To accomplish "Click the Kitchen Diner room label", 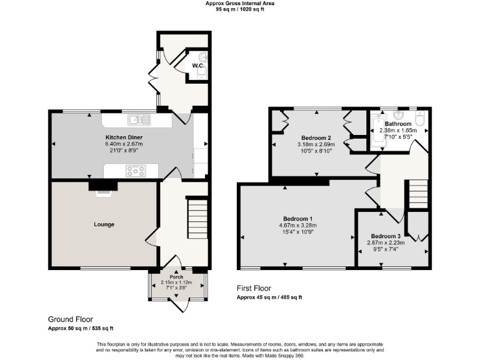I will [121, 136].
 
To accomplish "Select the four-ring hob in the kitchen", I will [136, 169].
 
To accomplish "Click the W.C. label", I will [197, 66].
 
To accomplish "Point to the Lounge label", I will [104, 224].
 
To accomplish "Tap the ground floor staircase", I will [197, 217].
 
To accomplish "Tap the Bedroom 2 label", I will [316, 137].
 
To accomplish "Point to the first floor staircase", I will [417, 194].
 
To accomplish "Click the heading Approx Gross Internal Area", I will [239, 3].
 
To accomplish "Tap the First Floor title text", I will [253, 288].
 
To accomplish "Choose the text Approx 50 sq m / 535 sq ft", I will [81, 328].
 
